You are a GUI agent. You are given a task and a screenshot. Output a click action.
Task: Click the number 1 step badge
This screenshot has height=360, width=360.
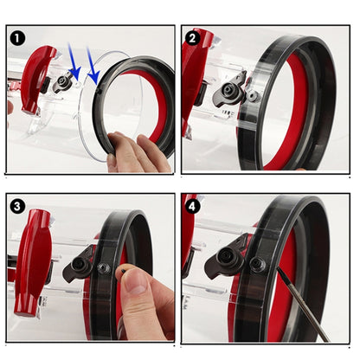pos(18,39)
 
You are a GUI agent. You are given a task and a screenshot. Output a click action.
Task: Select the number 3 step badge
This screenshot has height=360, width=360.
pos(18,206)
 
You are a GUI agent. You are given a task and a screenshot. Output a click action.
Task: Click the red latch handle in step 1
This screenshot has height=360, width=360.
pos(39,83)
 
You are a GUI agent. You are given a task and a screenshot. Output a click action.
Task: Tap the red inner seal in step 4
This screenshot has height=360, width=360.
pos(283,294)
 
